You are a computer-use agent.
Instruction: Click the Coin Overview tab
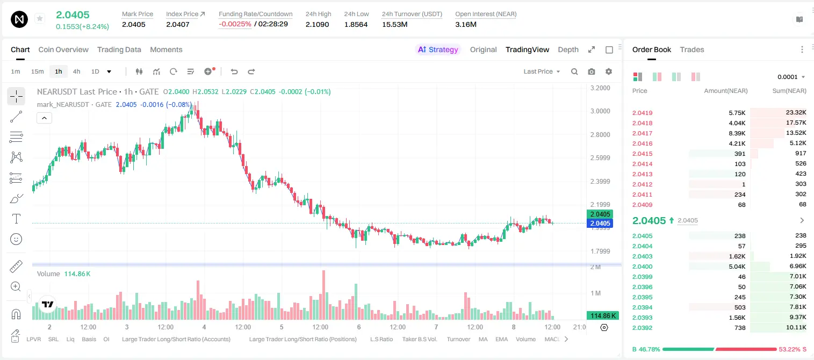tap(63, 49)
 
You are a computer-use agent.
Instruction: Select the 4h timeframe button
tap(76, 71)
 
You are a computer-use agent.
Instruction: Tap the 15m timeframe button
tap(38, 71)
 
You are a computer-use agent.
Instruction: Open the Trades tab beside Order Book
tap(692, 49)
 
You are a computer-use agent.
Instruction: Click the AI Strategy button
tap(438, 49)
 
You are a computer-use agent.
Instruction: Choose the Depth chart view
tap(568, 49)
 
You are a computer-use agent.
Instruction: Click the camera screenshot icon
tap(592, 71)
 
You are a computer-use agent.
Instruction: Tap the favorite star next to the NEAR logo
tap(40, 18)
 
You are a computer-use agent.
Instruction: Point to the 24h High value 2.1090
tap(317, 24)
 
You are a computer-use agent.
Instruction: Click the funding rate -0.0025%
tap(235, 24)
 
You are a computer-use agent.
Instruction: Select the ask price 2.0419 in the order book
tap(642, 113)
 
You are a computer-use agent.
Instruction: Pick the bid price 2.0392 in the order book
tap(642, 328)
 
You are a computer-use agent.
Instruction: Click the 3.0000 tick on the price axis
tap(600, 111)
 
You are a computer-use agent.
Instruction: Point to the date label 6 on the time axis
tap(359, 327)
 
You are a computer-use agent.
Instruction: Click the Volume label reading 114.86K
tap(63, 273)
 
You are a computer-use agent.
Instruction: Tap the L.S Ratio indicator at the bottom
tap(381, 339)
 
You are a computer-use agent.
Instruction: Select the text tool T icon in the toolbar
tap(16, 219)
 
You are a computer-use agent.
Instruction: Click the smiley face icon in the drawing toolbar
tap(16, 239)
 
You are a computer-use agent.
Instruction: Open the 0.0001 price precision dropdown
tap(791, 77)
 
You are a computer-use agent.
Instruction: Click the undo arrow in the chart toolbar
tap(234, 71)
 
